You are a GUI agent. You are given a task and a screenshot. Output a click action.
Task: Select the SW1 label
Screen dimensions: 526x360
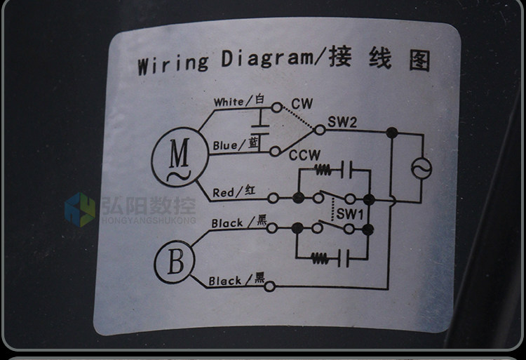(x=350, y=214)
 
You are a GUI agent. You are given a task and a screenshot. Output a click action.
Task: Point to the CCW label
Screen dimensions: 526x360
(x=304, y=155)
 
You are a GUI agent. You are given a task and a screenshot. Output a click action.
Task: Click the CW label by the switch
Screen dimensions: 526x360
(x=302, y=104)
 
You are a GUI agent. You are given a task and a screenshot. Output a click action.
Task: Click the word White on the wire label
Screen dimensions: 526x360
(x=229, y=102)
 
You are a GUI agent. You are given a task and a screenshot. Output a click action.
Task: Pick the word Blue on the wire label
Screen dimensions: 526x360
(x=224, y=145)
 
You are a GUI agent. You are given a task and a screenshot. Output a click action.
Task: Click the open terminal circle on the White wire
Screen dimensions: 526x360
(x=276, y=107)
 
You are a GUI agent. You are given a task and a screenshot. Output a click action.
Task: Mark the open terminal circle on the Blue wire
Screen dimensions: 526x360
(x=275, y=152)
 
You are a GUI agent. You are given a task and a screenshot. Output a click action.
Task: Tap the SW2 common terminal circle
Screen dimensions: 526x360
(x=320, y=130)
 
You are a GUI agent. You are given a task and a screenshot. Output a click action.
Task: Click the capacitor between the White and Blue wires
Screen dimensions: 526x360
(x=260, y=130)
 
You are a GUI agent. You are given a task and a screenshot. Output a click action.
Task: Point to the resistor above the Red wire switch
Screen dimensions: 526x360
(x=323, y=169)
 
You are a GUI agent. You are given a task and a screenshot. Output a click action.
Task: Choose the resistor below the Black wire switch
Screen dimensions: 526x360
(x=319, y=258)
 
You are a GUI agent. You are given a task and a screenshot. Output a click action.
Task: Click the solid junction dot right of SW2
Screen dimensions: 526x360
(x=392, y=133)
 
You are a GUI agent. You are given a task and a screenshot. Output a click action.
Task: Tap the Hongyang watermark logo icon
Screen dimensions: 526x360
(x=80, y=210)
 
